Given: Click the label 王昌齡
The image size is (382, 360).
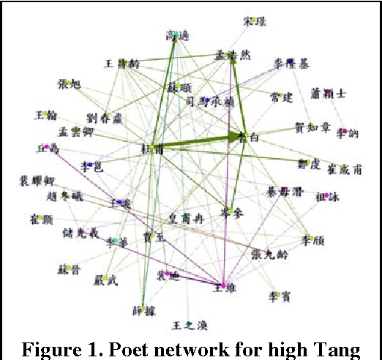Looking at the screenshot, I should [x=122, y=64].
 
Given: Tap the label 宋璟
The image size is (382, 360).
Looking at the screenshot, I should [x=253, y=22].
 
